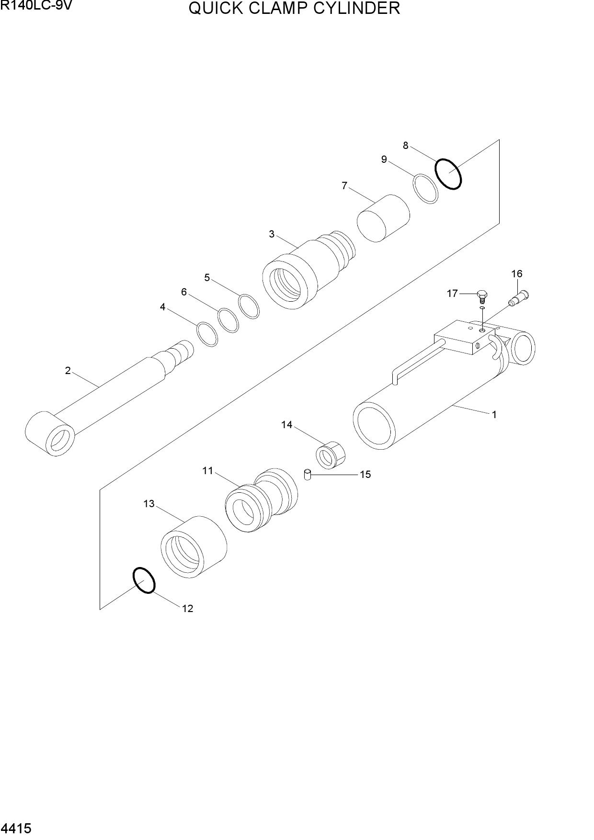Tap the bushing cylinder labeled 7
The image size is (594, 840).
(x=383, y=218)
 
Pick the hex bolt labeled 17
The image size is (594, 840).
(x=482, y=297)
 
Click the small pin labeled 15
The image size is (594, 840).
(x=308, y=475)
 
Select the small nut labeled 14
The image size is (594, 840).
(x=331, y=455)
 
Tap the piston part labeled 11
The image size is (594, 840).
(x=261, y=500)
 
